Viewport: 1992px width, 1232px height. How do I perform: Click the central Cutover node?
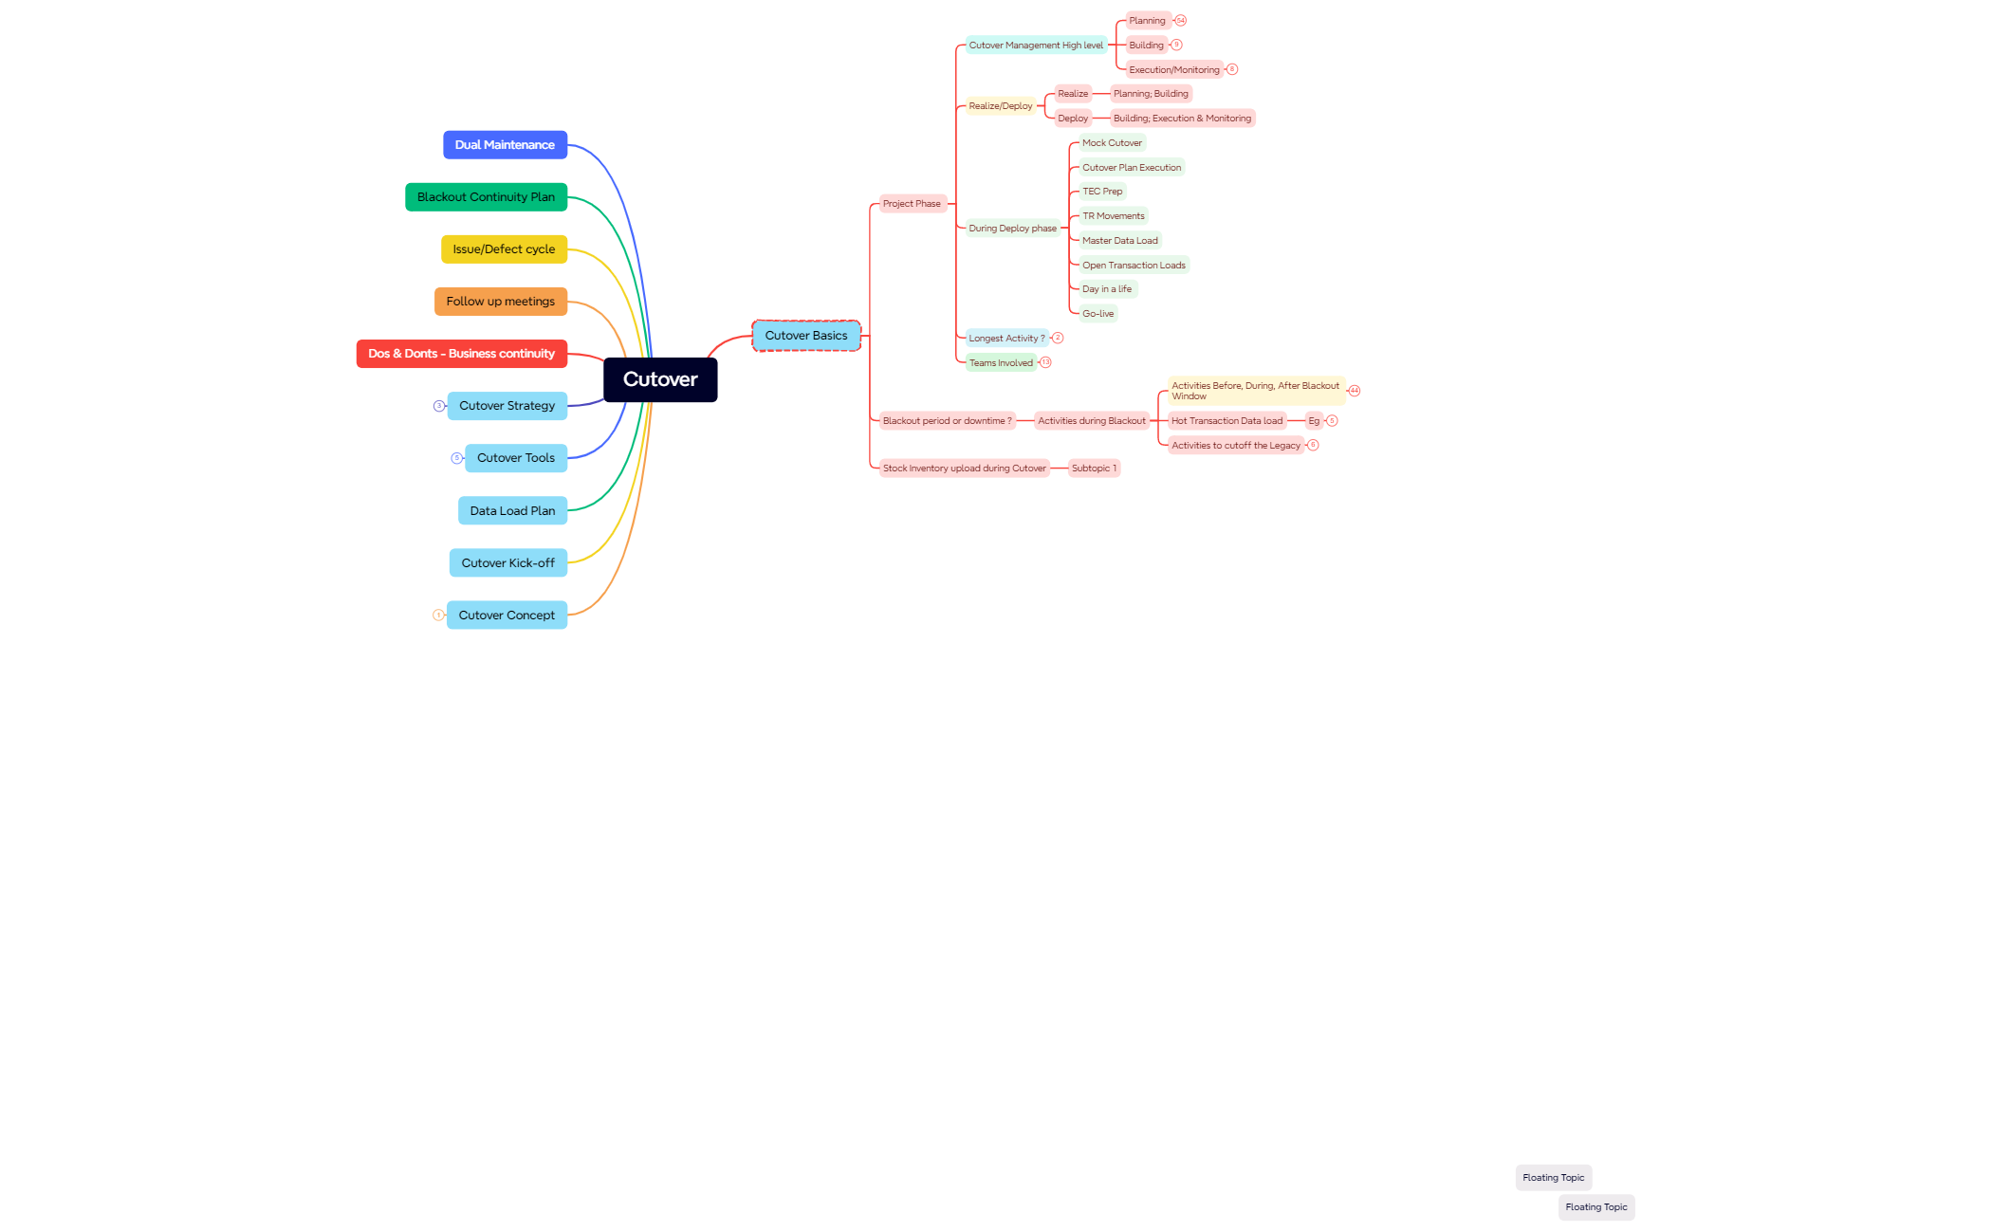660,379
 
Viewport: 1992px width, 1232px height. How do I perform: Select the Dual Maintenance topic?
505,145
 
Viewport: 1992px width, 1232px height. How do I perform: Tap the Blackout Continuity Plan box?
486,197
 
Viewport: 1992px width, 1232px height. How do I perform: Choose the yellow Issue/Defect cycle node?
504,249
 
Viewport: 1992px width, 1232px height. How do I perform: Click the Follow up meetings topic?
501,302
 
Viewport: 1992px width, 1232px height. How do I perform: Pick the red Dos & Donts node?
461,354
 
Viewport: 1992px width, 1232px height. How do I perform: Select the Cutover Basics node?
806,336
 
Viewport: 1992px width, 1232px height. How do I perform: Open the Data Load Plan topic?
512,511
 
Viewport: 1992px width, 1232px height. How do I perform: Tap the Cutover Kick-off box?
507,563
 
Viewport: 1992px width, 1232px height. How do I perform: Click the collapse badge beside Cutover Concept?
438,616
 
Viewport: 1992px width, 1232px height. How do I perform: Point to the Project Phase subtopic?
912,204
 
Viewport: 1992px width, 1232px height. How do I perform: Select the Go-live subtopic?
1098,314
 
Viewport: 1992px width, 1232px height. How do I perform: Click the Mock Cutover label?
1112,143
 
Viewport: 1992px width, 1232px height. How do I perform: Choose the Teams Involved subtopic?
1001,363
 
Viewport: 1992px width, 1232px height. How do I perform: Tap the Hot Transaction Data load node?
1227,421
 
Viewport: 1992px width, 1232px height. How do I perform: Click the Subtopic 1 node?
1094,469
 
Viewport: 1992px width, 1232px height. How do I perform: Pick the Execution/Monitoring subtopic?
1174,70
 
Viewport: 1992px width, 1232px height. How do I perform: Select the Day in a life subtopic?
1107,289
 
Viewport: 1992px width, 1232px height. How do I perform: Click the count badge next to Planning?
1180,21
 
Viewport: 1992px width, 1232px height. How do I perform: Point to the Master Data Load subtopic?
1120,241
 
